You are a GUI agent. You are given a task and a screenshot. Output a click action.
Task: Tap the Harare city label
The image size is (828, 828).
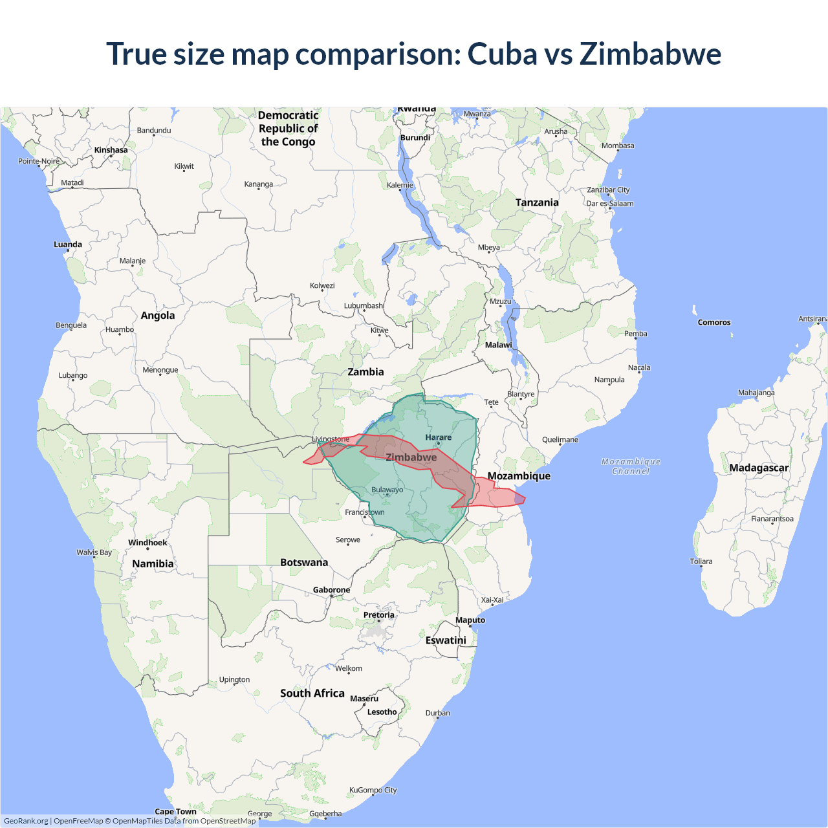[x=439, y=438]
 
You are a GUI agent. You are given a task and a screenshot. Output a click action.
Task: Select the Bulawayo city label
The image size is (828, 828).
[x=387, y=490]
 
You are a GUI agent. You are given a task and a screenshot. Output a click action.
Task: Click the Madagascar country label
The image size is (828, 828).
[x=759, y=468]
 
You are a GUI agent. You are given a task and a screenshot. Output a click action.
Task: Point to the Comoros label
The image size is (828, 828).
[x=714, y=322]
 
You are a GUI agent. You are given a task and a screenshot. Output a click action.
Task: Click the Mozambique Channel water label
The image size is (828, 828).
[x=631, y=466]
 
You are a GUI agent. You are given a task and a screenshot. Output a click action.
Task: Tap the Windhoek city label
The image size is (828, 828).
[x=147, y=543]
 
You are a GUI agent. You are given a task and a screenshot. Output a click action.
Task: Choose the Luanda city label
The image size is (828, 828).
[x=68, y=245]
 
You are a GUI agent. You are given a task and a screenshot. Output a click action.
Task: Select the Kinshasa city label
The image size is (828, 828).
[x=111, y=150]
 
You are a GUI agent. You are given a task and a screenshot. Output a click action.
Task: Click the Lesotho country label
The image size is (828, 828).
[x=382, y=712]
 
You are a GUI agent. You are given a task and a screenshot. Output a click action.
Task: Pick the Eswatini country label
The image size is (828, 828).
[x=446, y=640]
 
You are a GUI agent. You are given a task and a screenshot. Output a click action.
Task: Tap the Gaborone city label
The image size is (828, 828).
[x=331, y=590]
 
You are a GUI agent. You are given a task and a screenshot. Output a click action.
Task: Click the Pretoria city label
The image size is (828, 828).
[x=378, y=615]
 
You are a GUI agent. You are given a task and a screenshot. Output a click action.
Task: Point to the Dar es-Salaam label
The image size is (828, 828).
[x=610, y=203]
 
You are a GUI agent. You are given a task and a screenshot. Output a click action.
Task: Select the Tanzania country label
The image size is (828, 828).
[x=537, y=202]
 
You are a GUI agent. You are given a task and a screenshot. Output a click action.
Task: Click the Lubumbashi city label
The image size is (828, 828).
[x=364, y=306]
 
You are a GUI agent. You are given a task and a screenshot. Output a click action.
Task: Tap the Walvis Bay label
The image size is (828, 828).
[x=94, y=552]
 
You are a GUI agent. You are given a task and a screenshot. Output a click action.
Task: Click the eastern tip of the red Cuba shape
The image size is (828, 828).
[x=525, y=499]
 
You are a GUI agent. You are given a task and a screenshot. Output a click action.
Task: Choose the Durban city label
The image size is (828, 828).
[x=437, y=713]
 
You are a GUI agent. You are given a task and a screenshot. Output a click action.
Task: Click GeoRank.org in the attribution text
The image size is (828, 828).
[x=26, y=821]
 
